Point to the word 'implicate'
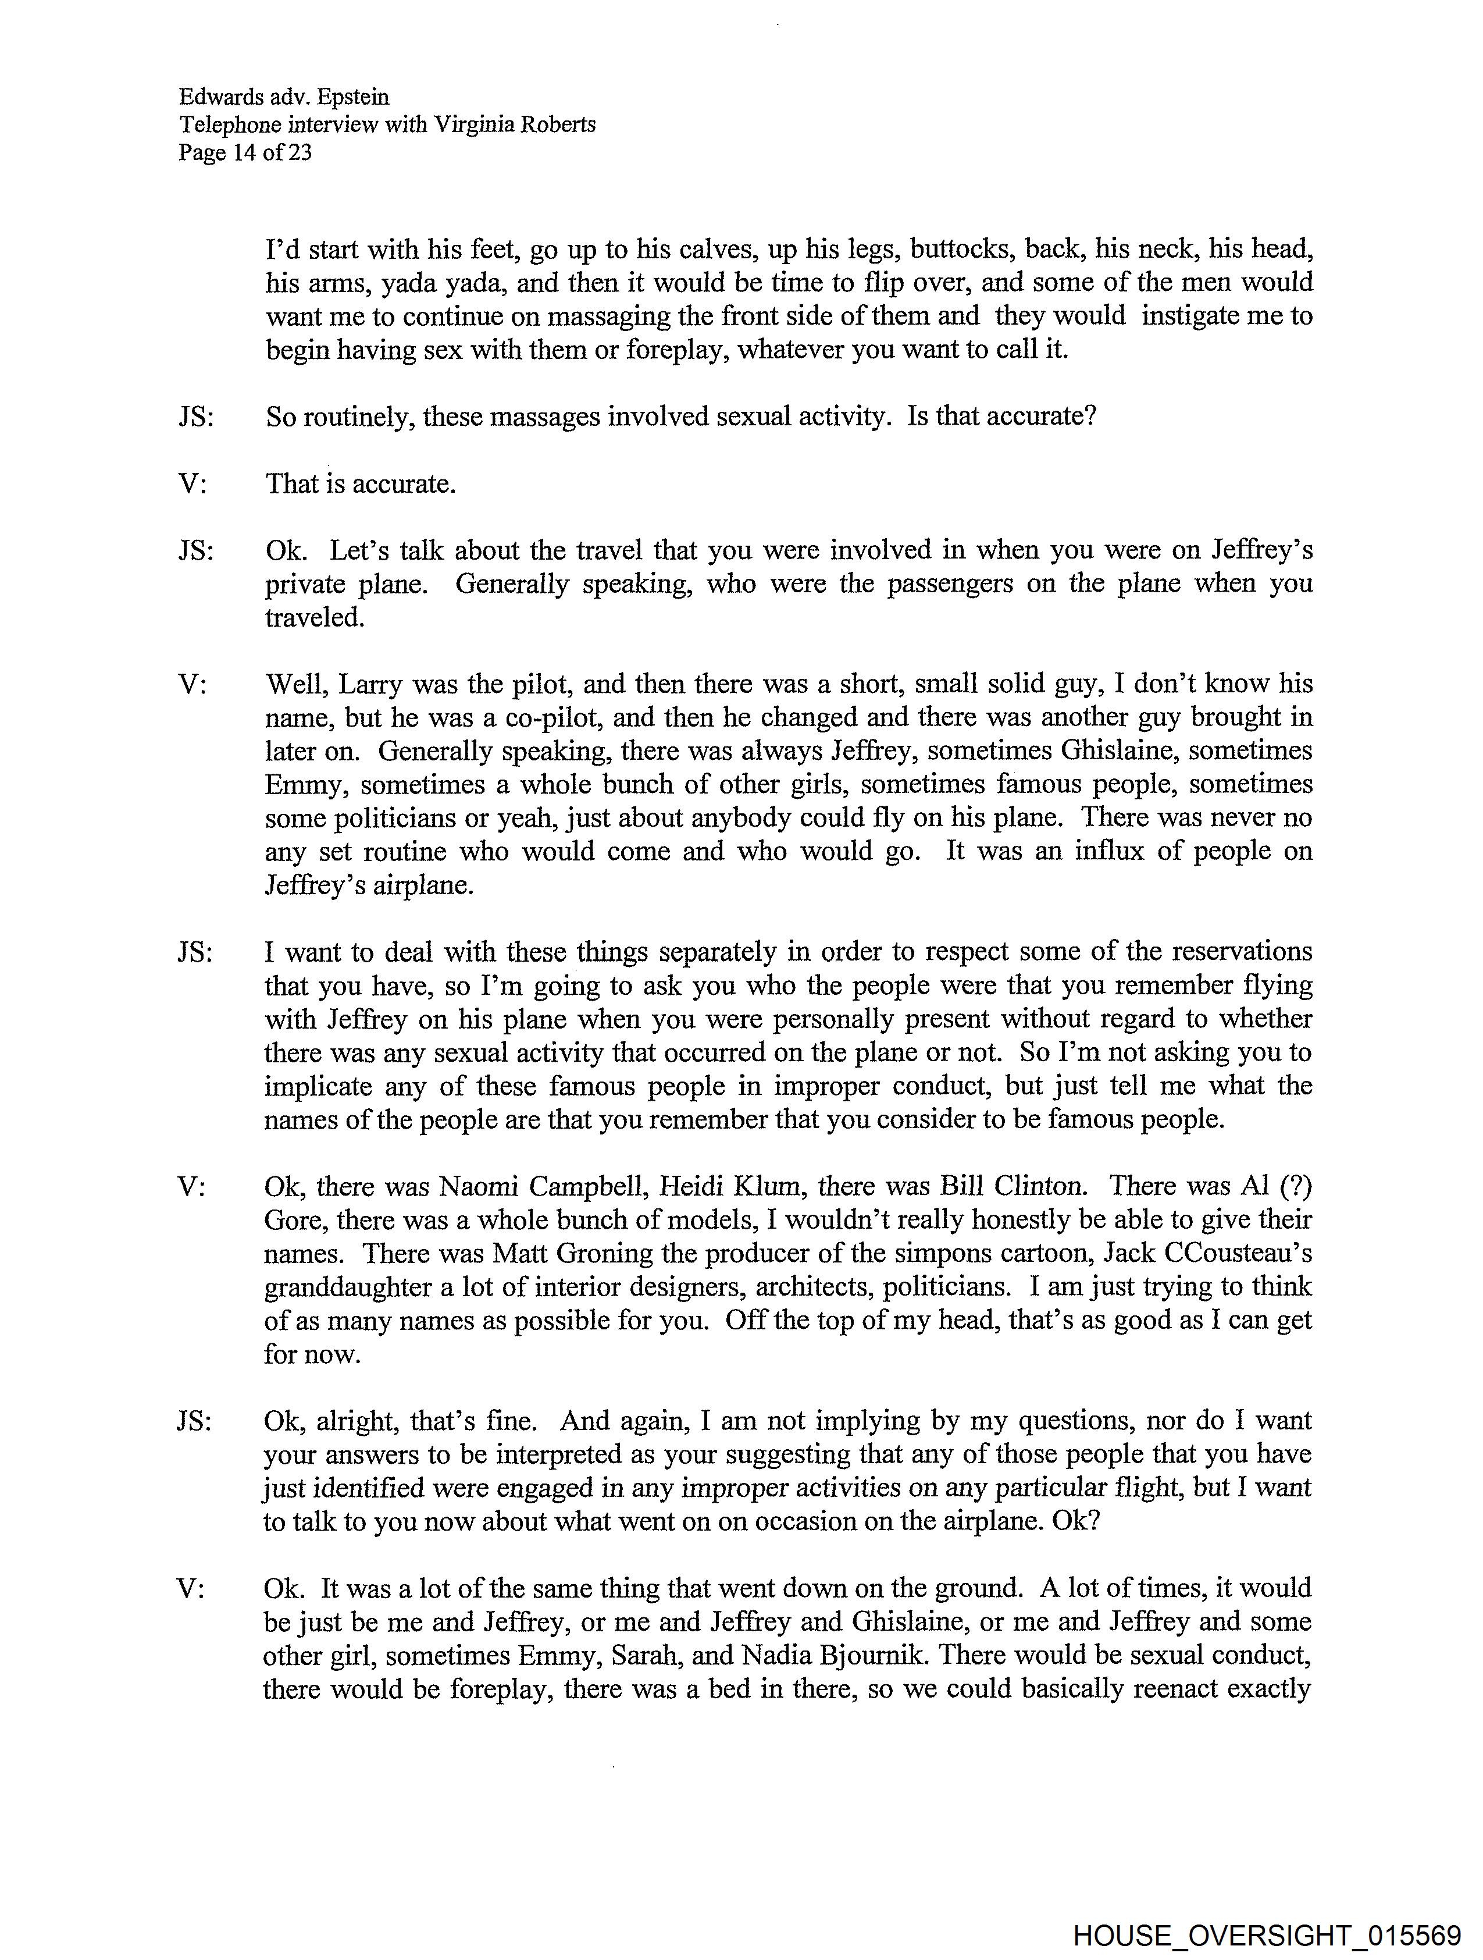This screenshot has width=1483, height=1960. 319,1086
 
